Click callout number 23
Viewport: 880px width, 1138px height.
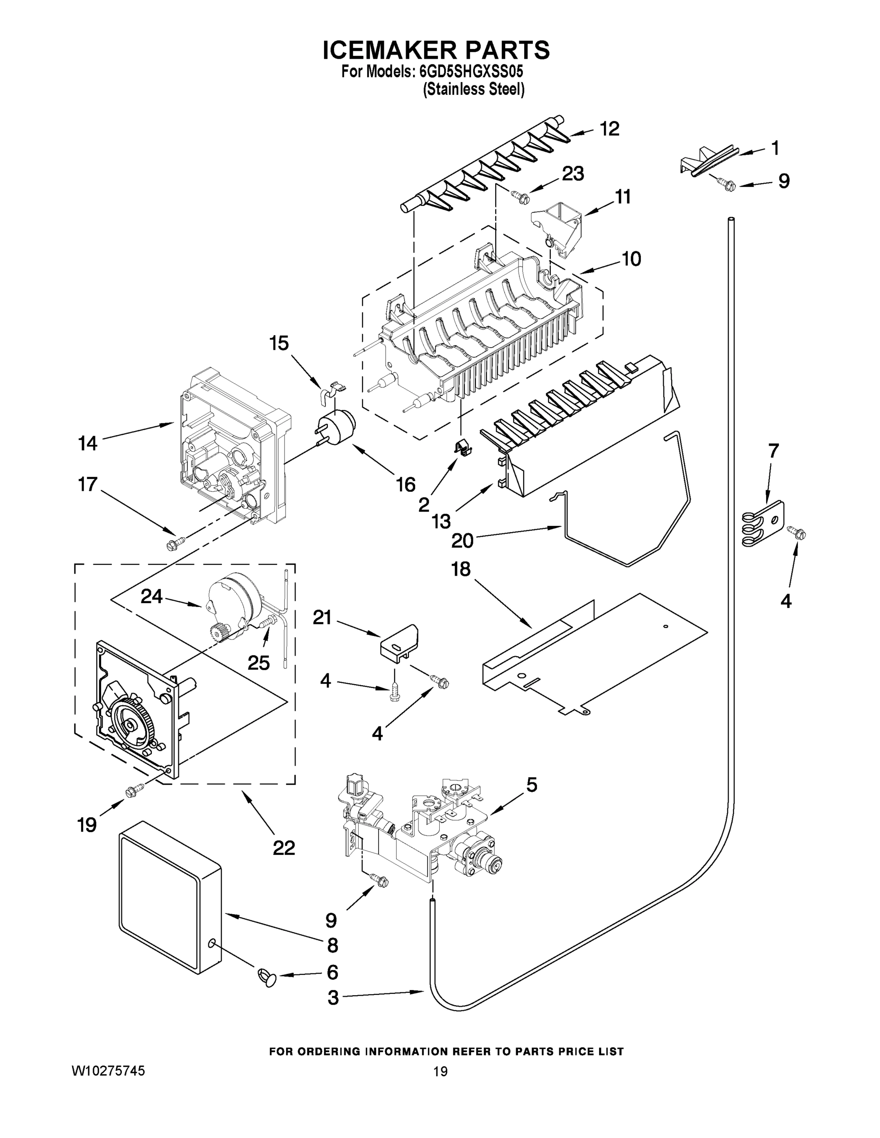tap(573, 174)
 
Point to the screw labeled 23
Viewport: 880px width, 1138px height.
tap(520, 196)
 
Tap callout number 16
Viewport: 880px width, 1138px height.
tap(405, 484)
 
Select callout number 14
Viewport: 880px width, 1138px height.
tap(88, 443)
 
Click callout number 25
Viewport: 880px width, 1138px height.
tap(258, 663)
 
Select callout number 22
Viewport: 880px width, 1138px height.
tap(284, 848)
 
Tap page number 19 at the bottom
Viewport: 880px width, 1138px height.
tap(440, 1072)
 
